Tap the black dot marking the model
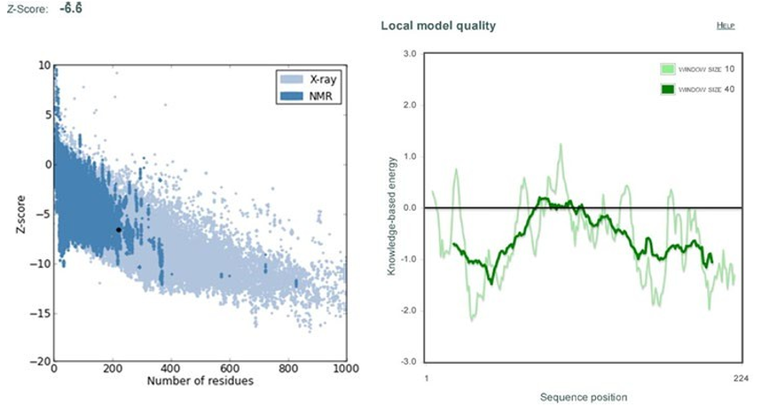pyautogui.click(x=118, y=230)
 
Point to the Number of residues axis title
pyautogui.click(x=200, y=382)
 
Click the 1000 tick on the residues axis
pyautogui.click(x=344, y=368)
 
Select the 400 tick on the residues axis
pyautogui.click(x=170, y=368)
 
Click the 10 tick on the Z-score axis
pyautogui.click(x=43, y=65)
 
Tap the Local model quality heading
pyautogui.click(x=437, y=26)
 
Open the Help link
pyautogui.click(x=725, y=26)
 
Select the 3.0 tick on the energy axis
pyautogui.click(x=409, y=54)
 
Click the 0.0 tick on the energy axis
pyautogui.click(x=409, y=208)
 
